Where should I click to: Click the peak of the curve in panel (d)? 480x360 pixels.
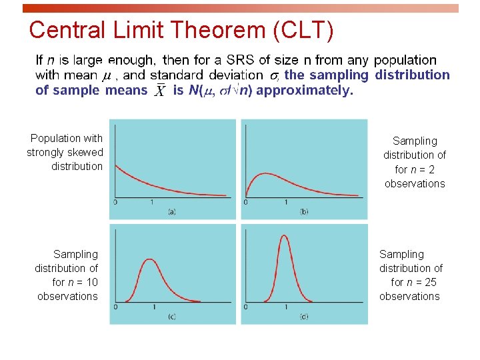click(285, 235)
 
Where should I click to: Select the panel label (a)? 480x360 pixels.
click(171, 212)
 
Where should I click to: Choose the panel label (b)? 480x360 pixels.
click(304, 212)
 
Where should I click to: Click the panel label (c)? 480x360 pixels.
click(171, 316)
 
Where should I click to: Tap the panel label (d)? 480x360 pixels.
click(304, 316)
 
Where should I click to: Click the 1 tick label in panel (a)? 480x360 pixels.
click(153, 202)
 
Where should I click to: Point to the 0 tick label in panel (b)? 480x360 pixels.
click(247, 202)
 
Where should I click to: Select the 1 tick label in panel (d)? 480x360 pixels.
click(285, 307)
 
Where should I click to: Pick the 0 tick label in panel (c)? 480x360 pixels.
click(115, 307)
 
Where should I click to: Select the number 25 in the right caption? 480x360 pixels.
click(430, 282)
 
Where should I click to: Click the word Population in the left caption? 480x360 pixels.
click(56, 138)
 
